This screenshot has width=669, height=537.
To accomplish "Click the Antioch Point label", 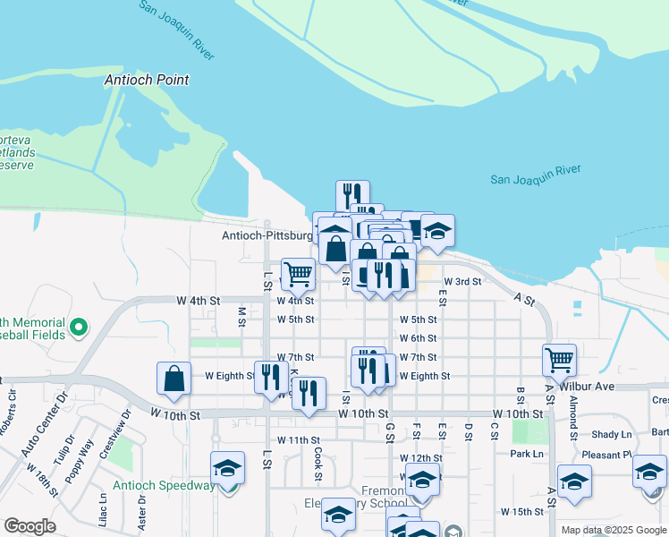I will [147, 80].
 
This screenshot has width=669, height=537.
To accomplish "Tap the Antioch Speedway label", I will [164, 486].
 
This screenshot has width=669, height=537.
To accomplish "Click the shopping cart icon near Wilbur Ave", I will [559, 360].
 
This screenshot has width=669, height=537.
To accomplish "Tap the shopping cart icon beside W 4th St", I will [298, 274].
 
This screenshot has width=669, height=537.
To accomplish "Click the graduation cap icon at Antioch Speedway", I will [227, 468].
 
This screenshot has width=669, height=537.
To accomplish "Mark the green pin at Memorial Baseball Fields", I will [78, 328].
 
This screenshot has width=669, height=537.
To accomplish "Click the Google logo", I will [30, 526].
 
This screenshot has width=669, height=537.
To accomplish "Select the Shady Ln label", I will [612, 434].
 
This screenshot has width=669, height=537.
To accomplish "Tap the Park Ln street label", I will [527, 454].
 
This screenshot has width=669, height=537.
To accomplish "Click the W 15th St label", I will [523, 512].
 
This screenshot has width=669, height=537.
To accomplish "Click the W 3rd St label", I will [462, 282].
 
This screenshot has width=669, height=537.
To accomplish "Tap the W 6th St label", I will [418, 338].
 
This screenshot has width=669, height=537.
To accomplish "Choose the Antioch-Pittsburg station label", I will [267, 236].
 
